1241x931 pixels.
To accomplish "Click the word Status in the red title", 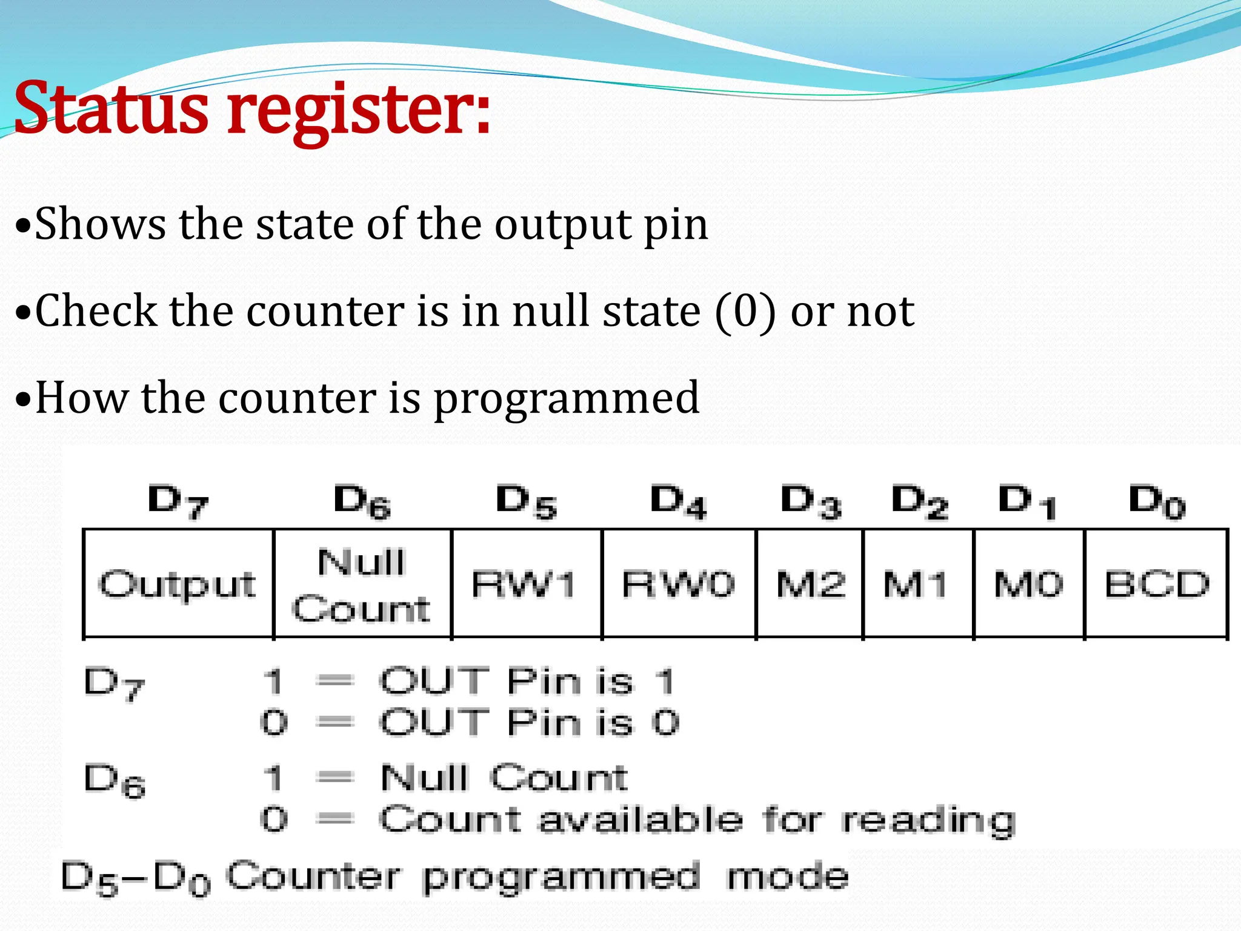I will coord(112,109).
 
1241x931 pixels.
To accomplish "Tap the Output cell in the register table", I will coord(178,584).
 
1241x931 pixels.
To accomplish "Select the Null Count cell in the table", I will coord(362,584).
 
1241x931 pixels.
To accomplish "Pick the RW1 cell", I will coord(525,584).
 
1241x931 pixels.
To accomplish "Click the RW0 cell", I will coord(679,584).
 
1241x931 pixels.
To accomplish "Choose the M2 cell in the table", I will coord(811,584).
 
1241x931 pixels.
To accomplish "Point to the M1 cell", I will coord(916,584).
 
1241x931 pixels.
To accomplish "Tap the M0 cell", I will coord(1029,584).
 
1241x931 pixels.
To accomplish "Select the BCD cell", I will coord(1156,584).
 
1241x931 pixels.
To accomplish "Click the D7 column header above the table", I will coord(178,502).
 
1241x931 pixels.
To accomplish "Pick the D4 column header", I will coord(679,502).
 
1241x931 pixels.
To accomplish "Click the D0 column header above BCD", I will coord(1156,502).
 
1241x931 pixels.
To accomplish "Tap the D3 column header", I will coord(811,502).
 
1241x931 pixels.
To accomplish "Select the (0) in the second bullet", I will coord(745,312).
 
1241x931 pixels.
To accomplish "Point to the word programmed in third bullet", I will coord(567,400).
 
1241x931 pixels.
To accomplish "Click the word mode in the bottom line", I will coord(787,877).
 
